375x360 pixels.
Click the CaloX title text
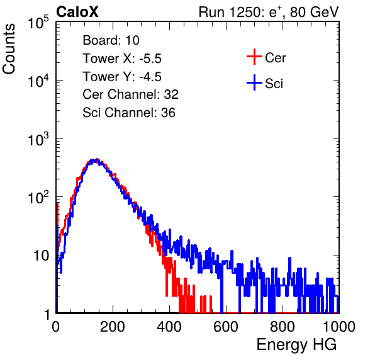tap(77, 12)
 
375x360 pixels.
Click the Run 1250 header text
tap(269, 13)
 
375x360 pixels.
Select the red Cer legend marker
tap(254, 57)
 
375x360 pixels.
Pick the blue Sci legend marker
tap(254, 83)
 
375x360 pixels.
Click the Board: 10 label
tap(111, 40)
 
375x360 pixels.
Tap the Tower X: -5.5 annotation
tap(122, 59)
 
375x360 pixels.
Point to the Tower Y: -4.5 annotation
tap(122, 77)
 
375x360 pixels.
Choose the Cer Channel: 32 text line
tap(131, 94)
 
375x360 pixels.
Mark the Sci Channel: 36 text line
tap(129, 113)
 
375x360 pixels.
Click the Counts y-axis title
tap(9, 49)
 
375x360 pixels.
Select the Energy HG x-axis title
tap(296, 345)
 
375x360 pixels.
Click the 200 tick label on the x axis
tap(113, 327)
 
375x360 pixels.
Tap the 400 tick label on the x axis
tap(169, 327)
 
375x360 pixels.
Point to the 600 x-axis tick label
tap(226, 327)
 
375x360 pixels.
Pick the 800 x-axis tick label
tap(283, 327)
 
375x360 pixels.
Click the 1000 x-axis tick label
tap(339, 327)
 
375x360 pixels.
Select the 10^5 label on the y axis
tap(38, 23)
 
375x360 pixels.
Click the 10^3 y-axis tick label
tap(38, 139)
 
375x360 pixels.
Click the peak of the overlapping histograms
tap(96, 160)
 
